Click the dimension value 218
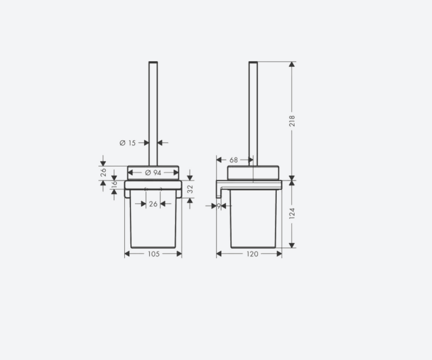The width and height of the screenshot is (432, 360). point(292,121)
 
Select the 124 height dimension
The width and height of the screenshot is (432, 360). point(292,214)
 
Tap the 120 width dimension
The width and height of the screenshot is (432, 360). point(252,254)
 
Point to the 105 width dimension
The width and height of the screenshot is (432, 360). point(154,254)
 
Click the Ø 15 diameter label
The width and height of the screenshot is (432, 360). point(127,143)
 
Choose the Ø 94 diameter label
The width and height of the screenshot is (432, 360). point(153,173)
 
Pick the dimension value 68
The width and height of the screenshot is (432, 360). point(233,160)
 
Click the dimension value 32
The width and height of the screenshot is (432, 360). point(190,189)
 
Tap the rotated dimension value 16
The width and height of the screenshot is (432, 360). point(114,184)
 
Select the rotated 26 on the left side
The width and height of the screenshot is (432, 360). point(103,172)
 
